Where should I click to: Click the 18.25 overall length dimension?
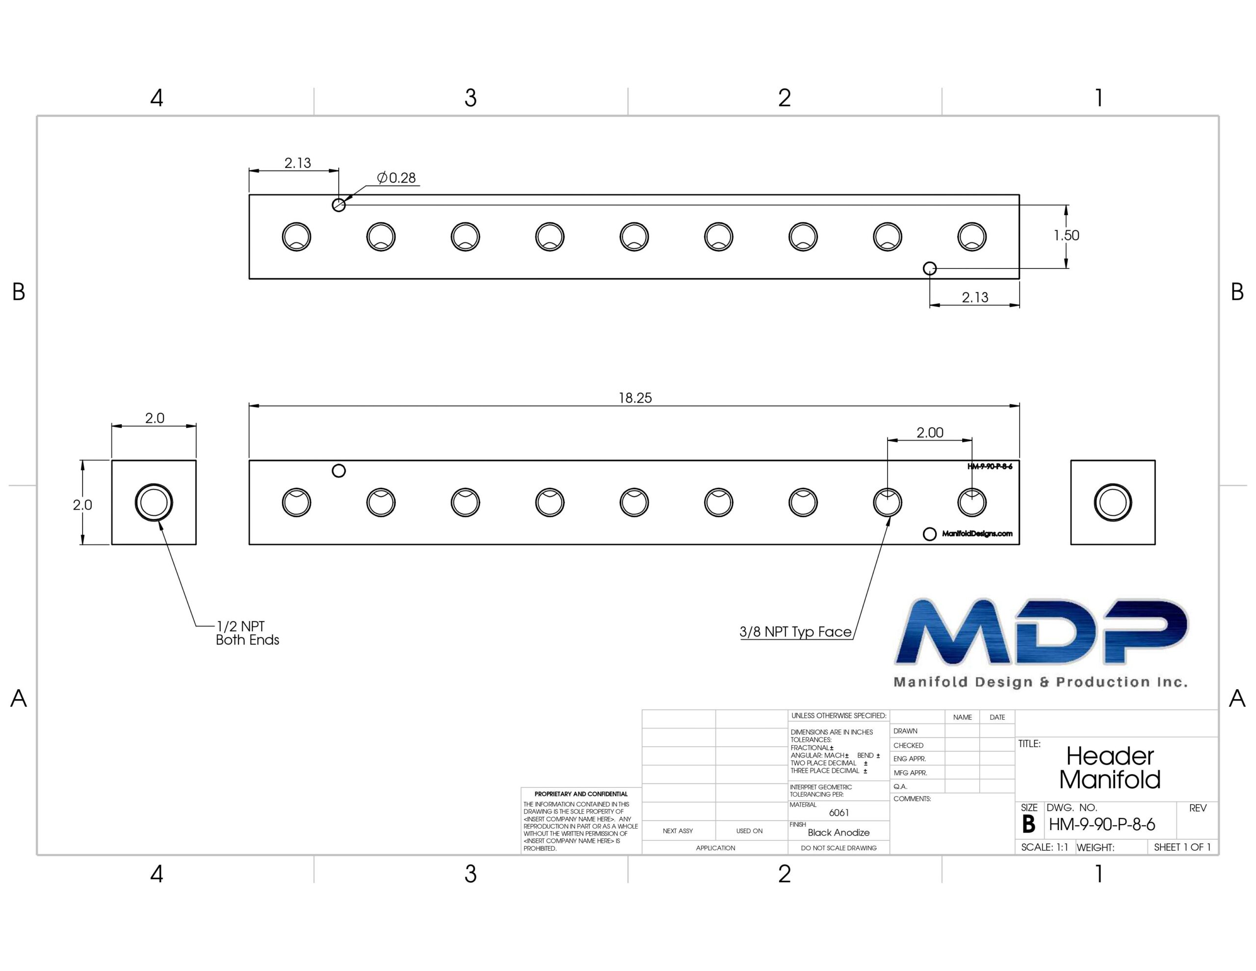(635, 398)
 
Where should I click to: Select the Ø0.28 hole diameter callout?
(396, 178)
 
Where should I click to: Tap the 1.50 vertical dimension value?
(1066, 236)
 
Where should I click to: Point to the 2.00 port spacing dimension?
(930, 432)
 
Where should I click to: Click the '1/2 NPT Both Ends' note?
(247, 633)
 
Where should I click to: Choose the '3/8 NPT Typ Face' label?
(795, 631)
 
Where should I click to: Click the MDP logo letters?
(1041, 631)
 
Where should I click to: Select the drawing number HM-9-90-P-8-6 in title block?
(1102, 825)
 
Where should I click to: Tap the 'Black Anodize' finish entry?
(838, 832)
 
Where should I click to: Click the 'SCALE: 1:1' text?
(1045, 847)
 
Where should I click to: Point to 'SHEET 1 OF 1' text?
(1182, 847)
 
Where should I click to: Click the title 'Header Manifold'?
(1110, 768)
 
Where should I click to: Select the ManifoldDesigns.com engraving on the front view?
(977, 534)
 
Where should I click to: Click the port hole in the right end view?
(1113, 503)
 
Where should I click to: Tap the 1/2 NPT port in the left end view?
(154, 503)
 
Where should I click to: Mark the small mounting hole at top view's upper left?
(339, 205)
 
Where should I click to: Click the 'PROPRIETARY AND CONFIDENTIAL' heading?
(581, 794)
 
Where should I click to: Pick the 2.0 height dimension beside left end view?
(82, 505)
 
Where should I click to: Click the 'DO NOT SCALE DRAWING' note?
(838, 848)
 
